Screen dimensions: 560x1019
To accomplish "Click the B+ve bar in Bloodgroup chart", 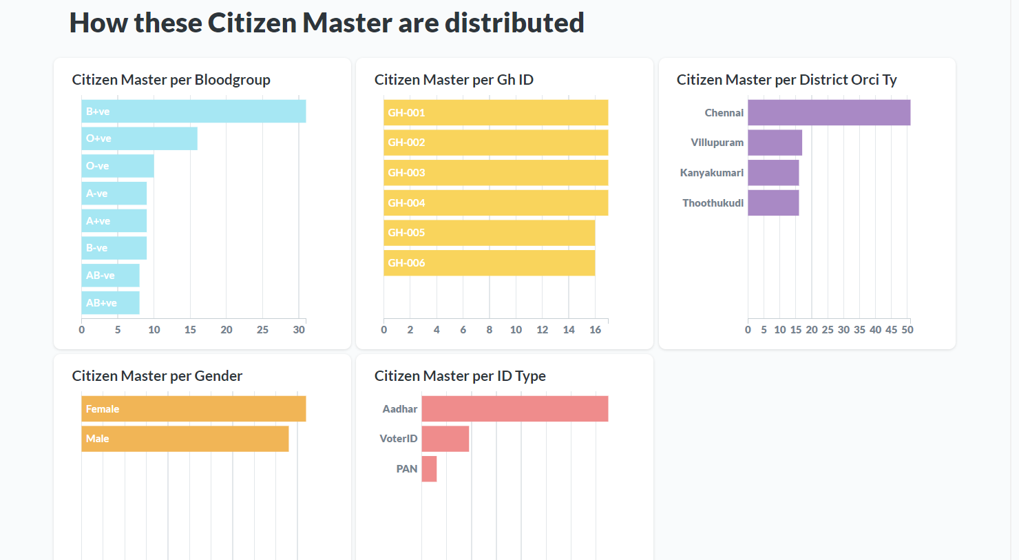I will [x=193, y=112].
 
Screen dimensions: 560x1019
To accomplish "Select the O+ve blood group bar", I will [x=139, y=138].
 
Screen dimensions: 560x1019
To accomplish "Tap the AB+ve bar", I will [x=110, y=303].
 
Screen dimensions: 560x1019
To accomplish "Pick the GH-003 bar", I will [x=496, y=173].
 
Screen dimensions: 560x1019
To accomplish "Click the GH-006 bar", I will [x=489, y=263].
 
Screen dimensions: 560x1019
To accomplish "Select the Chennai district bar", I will [x=829, y=113].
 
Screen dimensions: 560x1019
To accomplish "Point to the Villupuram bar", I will [x=775, y=143].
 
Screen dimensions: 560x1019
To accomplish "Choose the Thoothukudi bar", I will [x=773, y=203].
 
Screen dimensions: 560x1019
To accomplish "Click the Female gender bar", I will [x=193, y=408].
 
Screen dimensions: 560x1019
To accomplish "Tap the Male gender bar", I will [x=185, y=439].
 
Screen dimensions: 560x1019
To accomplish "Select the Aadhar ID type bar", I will [x=514, y=408].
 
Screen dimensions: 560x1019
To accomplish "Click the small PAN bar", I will [x=429, y=469].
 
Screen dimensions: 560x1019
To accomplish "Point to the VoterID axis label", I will [x=399, y=439].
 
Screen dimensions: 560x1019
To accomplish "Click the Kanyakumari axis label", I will [x=712, y=173].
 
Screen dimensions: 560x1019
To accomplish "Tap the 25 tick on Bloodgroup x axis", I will [x=262, y=330].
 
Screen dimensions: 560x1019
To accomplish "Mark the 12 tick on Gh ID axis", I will [x=543, y=330].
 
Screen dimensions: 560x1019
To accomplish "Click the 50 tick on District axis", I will [x=907, y=330].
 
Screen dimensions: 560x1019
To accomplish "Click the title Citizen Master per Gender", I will [x=157, y=376].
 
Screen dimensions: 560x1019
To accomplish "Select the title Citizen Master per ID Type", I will [x=460, y=376].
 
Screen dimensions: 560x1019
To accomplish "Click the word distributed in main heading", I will [x=514, y=23].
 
